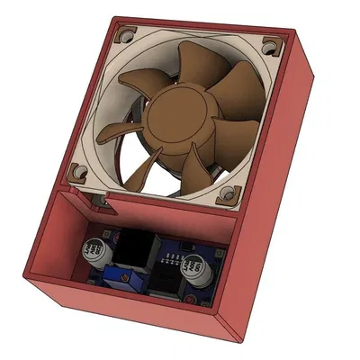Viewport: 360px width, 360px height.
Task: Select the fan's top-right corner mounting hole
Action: [x=268, y=44]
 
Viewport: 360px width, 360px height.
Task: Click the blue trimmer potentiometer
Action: [x=117, y=275]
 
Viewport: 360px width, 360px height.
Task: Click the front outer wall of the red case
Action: [x=126, y=310]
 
